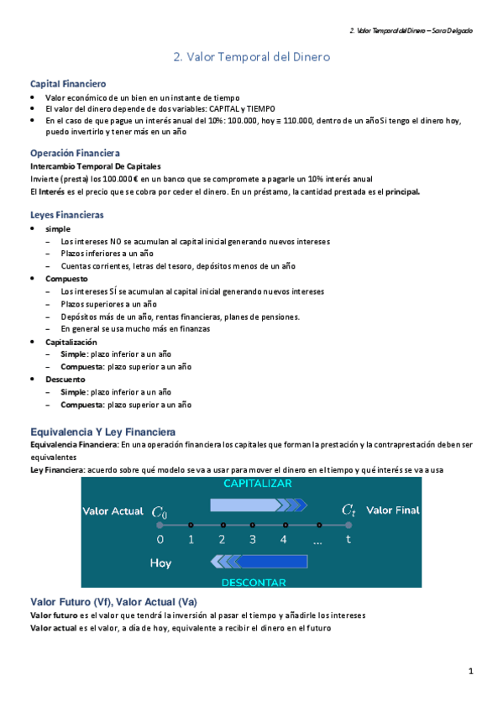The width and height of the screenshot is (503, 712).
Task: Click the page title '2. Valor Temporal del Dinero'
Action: click(x=251, y=57)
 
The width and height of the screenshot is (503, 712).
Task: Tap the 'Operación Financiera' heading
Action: click(x=75, y=153)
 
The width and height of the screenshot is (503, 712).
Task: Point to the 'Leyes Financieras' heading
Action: click(x=66, y=215)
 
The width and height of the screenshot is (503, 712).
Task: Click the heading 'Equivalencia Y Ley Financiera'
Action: click(x=102, y=431)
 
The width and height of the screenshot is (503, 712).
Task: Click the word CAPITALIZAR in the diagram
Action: click(x=257, y=484)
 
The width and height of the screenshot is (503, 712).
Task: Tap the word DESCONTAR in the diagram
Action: click(x=253, y=581)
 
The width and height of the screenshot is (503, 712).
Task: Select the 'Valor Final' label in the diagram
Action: click(x=393, y=510)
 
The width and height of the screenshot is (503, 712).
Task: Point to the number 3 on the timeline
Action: click(x=253, y=540)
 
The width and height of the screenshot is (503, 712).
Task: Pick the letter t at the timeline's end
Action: click(x=348, y=540)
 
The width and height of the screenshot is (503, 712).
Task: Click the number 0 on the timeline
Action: click(x=160, y=540)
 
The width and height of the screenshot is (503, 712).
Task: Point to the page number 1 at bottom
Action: click(x=471, y=671)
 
